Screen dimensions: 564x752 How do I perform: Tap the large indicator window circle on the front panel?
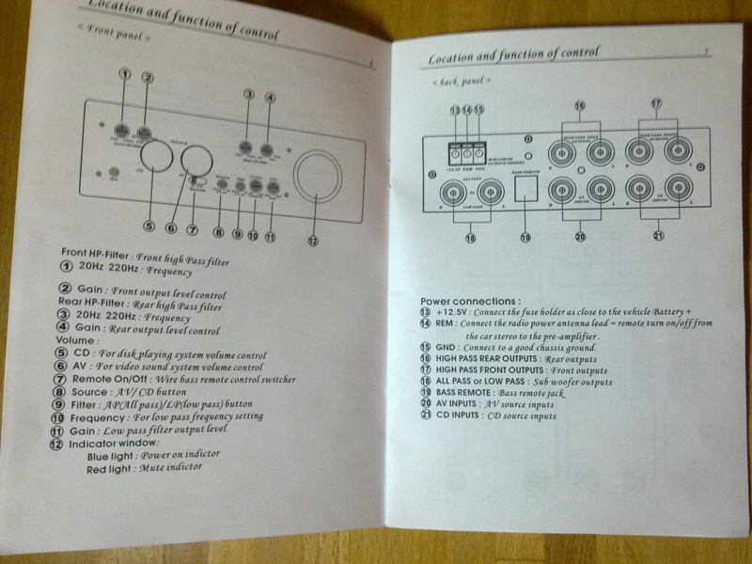pyautogui.click(x=319, y=178)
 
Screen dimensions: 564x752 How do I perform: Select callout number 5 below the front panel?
pyautogui.click(x=149, y=226)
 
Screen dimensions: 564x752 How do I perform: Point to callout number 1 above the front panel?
pyautogui.click(x=124, y=74)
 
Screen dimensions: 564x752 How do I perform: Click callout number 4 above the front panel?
pyautogui.click(x=270, y=96)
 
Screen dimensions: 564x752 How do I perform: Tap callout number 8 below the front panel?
pyautogui.click(x=219, y=232)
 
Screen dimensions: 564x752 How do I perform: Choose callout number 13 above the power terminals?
pyautogui.click(x=455, y=111)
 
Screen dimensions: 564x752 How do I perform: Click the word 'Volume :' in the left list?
pyautogui.click(x=77, y=341)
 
